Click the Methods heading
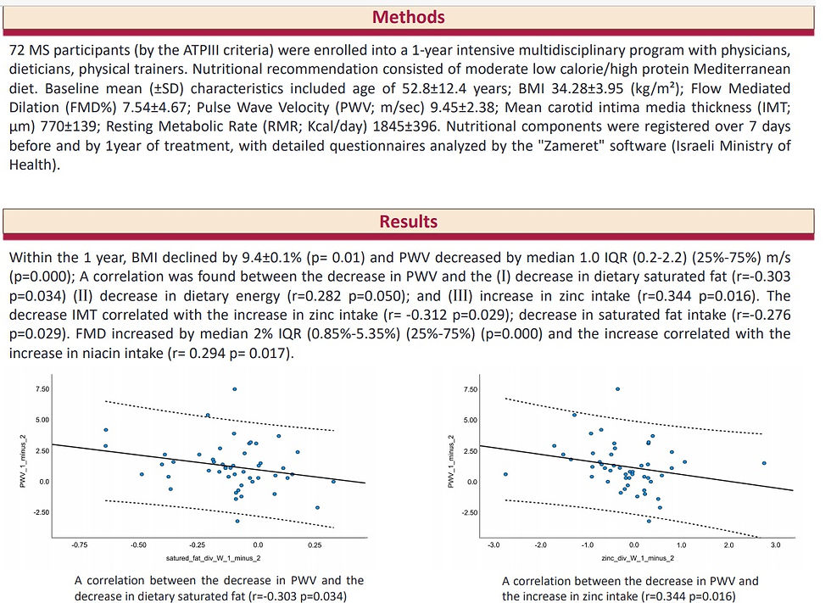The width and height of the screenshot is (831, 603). click(x=409, y=17)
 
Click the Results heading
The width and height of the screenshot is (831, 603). click(x=409, y=221)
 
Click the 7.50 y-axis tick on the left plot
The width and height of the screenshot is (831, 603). click(x=41, y=388)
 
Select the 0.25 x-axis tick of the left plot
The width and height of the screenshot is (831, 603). click(x=315, y=545)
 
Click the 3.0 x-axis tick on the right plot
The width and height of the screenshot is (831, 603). click(x=775, y=545)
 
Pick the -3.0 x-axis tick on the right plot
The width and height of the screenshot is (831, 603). click(x=494, y=545)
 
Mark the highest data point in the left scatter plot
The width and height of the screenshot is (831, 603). click(x=235, y=388)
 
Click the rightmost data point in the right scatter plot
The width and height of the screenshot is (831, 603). click(x=764, y=463)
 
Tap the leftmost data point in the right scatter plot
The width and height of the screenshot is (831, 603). click(x=505, y=474)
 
